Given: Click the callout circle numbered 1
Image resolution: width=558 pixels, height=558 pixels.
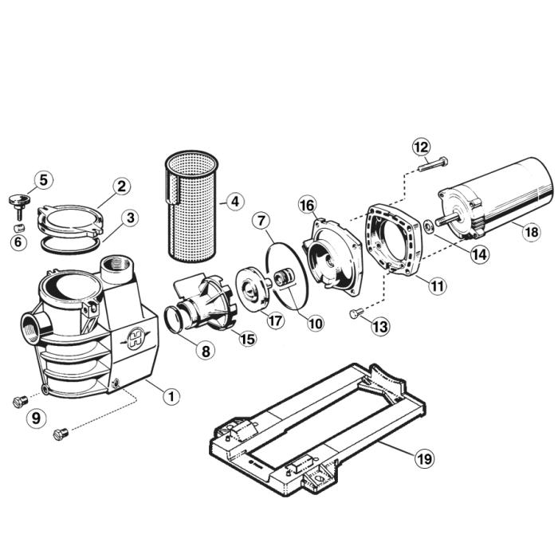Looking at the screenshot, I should click(170, 395).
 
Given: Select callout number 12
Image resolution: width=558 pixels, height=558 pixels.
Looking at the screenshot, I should click(422, 147).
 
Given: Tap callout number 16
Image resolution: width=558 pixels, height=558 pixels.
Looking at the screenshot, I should click(308, 206).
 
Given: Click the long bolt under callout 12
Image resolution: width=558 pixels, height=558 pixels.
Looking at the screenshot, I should click(431, 165).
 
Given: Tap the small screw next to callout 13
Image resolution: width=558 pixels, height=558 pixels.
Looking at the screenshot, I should click(356, 314).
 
